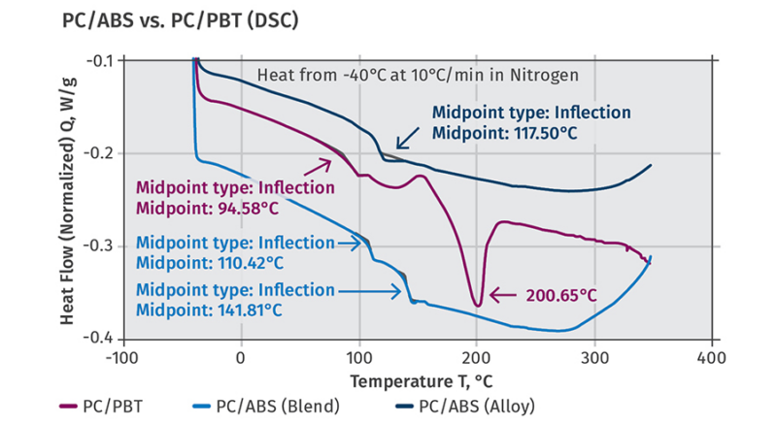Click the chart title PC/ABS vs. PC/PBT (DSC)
tap(180, 19)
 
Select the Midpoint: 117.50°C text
tap(504, 133)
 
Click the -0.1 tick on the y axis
tap(100, 61)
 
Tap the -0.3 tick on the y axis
tap(100, 246)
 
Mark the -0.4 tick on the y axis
tap(100, 339)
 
